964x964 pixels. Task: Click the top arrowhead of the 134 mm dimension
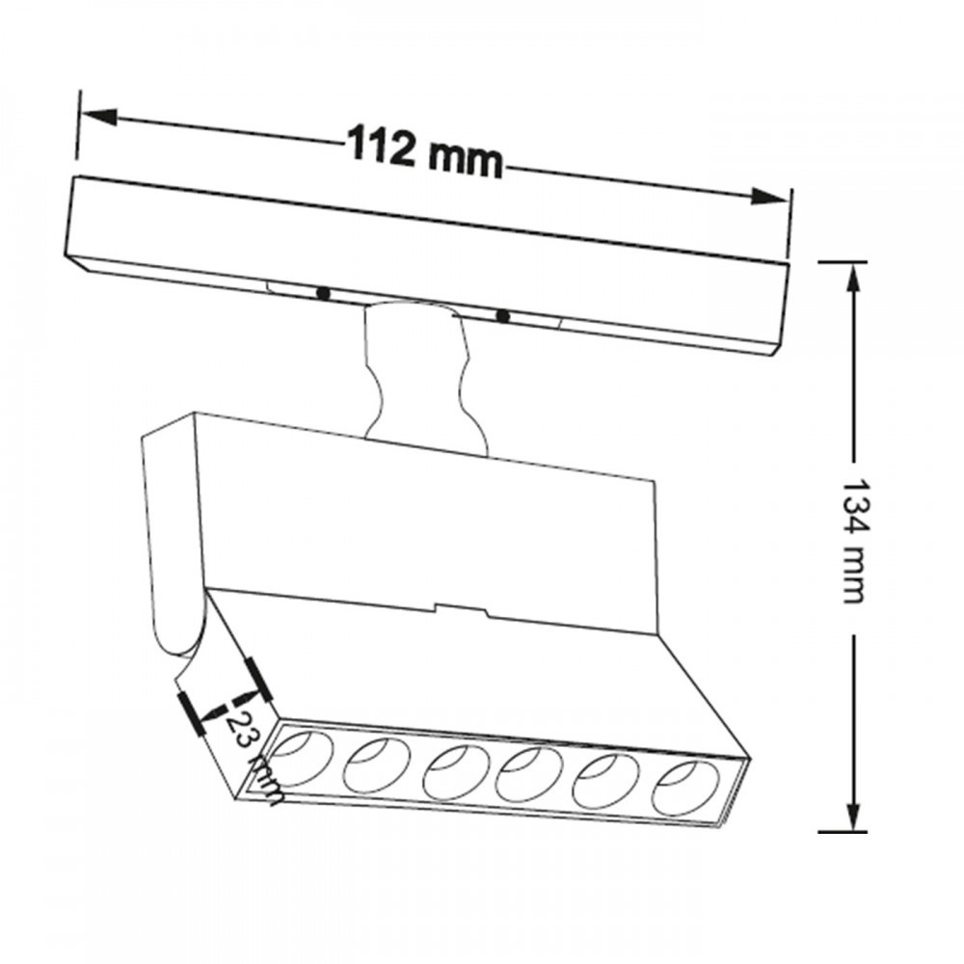pos(852,280)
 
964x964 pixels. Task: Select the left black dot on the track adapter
pos(323,291)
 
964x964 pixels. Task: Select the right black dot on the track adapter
pos(501,315)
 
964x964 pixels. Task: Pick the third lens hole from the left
pos(450,771)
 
